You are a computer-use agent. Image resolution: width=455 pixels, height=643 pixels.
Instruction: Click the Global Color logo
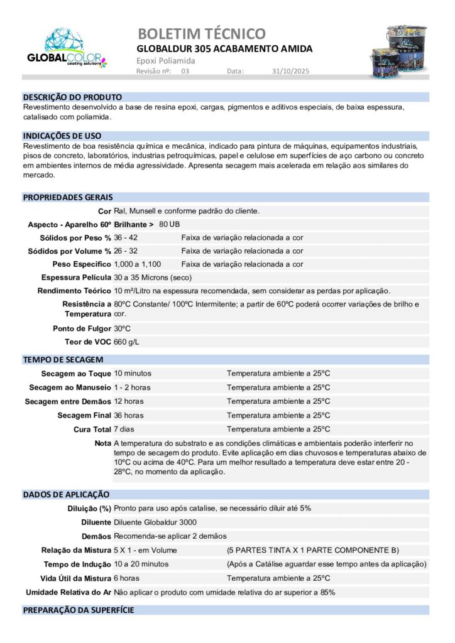(67, 48)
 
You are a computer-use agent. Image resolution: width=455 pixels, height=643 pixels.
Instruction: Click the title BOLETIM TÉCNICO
(201, 33)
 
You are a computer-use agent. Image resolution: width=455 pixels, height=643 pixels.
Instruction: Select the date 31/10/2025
(291, 72)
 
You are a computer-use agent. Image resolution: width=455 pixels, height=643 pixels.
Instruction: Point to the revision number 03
(185, 72)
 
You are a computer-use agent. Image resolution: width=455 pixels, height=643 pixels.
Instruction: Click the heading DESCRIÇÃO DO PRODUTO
(72, 97)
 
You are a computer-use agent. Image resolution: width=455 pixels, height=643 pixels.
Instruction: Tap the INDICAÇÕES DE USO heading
(62, 136)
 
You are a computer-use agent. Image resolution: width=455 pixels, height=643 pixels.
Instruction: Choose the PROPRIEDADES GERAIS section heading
(68, 197)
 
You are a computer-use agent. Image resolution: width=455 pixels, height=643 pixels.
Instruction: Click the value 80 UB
(170, 224)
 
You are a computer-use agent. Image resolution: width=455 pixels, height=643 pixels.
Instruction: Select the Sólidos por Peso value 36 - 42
(126, 238)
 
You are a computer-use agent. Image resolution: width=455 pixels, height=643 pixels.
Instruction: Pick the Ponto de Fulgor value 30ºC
(123, 328)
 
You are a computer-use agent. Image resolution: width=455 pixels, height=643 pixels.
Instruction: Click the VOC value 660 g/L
(127, 342)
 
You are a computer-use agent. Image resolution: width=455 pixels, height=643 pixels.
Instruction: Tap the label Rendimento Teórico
(74, 291)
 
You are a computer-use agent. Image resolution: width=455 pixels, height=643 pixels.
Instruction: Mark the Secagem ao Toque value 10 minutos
(133, 374)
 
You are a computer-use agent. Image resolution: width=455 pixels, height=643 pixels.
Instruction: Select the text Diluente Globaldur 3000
(155, 522)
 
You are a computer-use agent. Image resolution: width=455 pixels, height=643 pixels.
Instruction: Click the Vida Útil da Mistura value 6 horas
(127, 578)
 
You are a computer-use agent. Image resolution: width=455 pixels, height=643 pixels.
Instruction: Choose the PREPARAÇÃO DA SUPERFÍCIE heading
(79, 610)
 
